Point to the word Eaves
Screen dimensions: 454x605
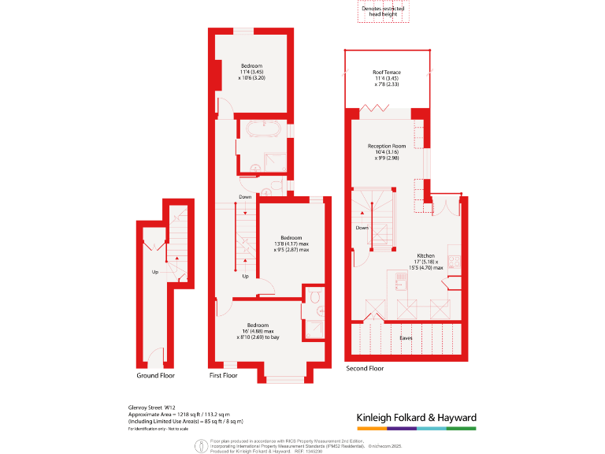coord(406,337)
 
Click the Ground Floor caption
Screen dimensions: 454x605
coord(156,375)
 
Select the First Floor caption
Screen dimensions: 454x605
coord(223,375)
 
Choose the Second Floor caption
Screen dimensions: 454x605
coord(365,368)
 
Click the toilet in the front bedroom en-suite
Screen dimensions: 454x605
coord(314,297)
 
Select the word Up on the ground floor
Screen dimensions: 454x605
coord(155,272)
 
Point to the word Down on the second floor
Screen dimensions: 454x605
coord(362,228)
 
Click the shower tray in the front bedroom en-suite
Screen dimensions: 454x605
coord(314,329)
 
